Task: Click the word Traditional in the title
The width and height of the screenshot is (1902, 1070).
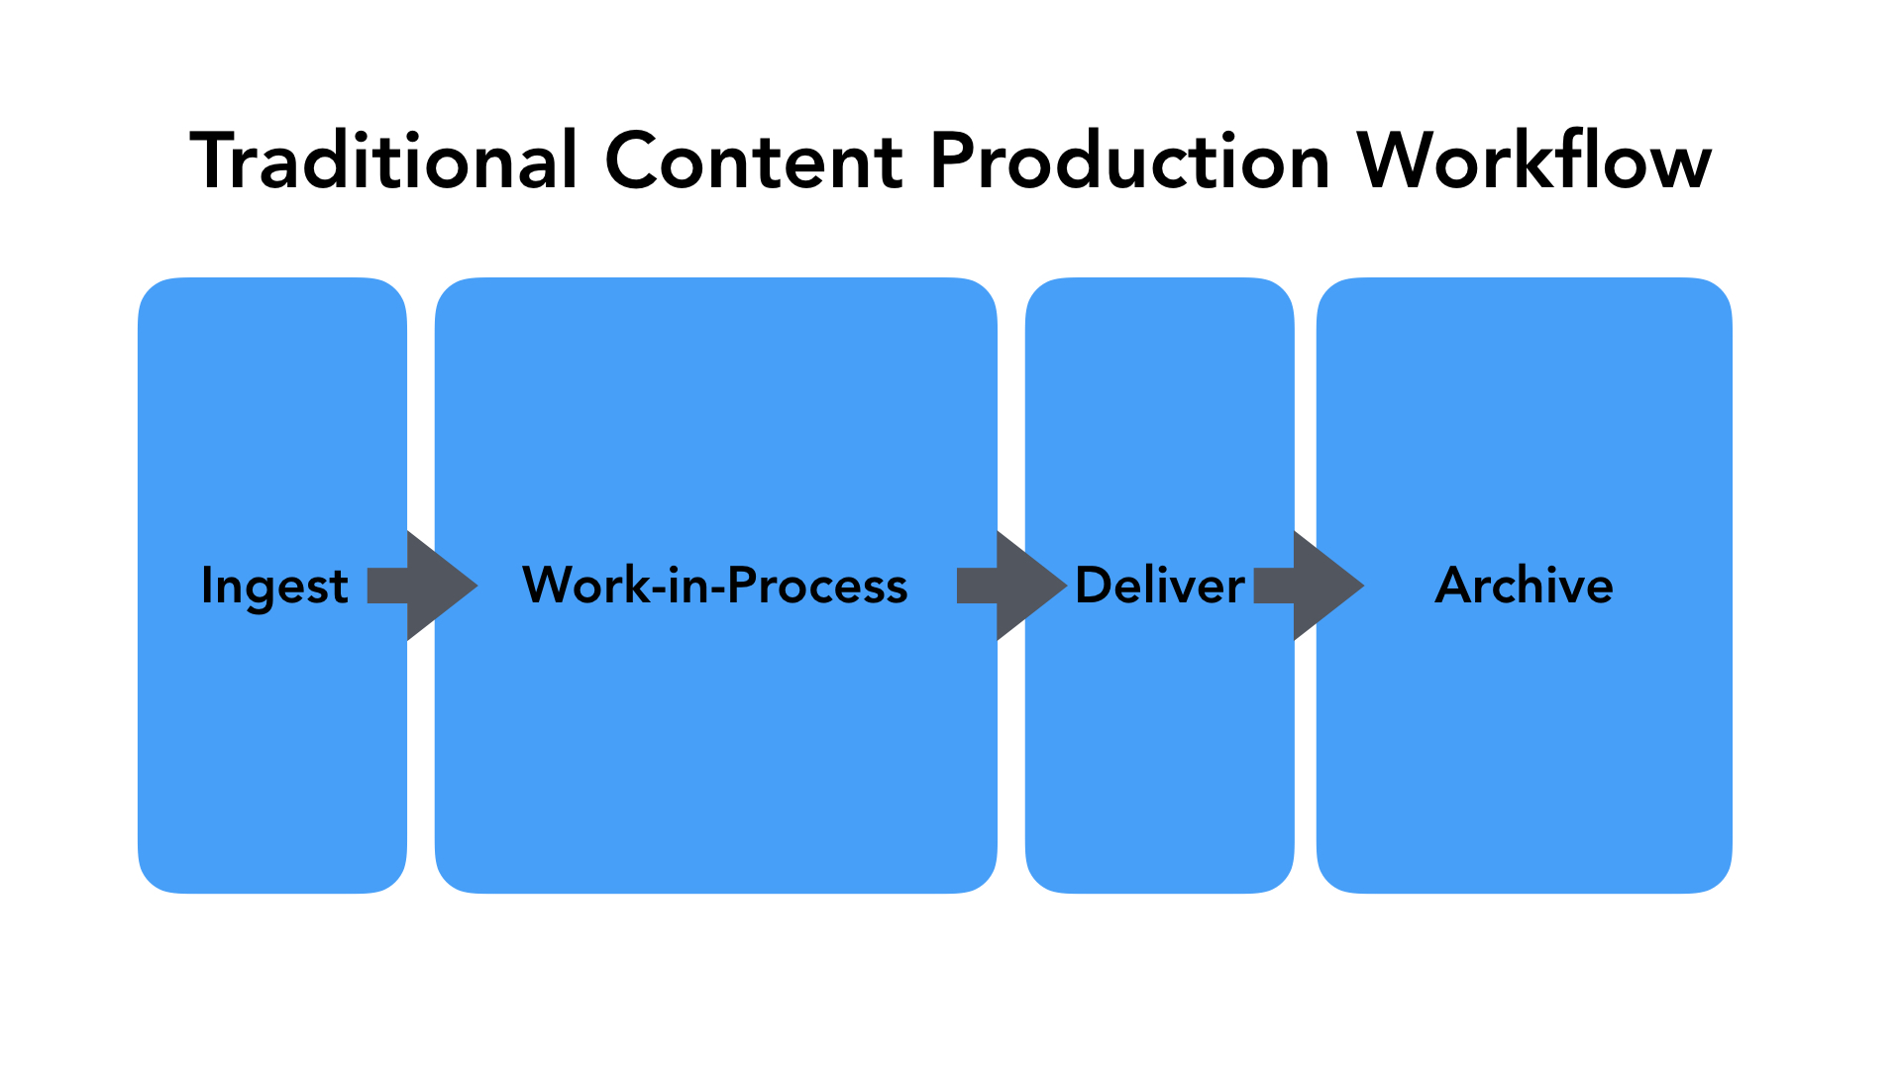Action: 383,160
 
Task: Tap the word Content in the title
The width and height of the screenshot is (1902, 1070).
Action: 754,160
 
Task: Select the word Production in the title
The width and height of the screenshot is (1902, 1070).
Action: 1130,160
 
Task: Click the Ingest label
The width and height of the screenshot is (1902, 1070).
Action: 274,586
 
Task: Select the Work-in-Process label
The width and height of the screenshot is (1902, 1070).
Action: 714,585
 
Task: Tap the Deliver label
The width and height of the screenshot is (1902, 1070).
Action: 1160,585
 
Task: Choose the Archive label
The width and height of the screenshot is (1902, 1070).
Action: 1525,585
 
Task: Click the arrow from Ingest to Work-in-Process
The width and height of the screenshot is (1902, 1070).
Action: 423,586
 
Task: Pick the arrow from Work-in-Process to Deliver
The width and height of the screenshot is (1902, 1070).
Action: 1011,586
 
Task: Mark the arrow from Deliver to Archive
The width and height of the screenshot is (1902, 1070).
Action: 1309,586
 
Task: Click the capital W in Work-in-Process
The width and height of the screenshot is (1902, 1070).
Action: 550,585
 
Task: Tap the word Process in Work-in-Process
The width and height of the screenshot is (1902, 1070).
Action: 817,585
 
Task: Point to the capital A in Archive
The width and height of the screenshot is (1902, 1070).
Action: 1454,585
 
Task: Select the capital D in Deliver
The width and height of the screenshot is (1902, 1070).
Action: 1094,585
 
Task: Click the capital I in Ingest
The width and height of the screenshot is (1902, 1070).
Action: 206,585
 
